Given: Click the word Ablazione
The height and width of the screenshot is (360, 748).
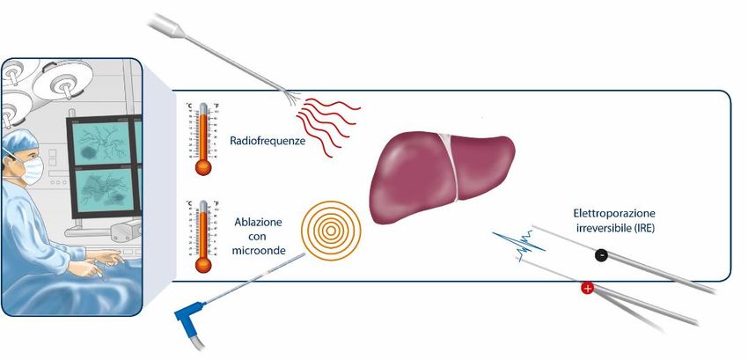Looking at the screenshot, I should pyautogui.click(x=259, y=223).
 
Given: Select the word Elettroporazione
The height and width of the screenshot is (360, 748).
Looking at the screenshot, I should pyautogui.click(x=614, y=214).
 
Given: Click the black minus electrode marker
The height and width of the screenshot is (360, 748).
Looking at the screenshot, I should pyautogui.click(x=601, y=255).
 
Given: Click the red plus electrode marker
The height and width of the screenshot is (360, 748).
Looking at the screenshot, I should pyautogui.click(x=587, y=288).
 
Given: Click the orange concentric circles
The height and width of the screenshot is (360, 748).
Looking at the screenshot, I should pyautogui.click(x=331, y=231).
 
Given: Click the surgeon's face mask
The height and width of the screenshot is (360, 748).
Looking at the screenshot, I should pyautogui.click(x=33, y=171).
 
